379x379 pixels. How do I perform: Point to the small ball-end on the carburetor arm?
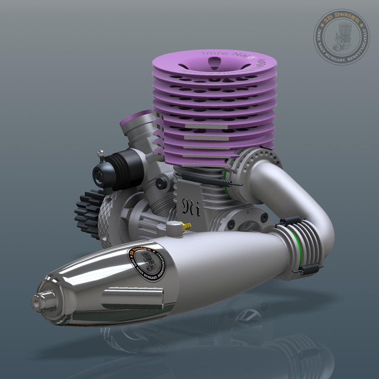[x=102, y=155]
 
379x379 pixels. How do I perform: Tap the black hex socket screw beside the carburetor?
[x=160, y=184]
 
